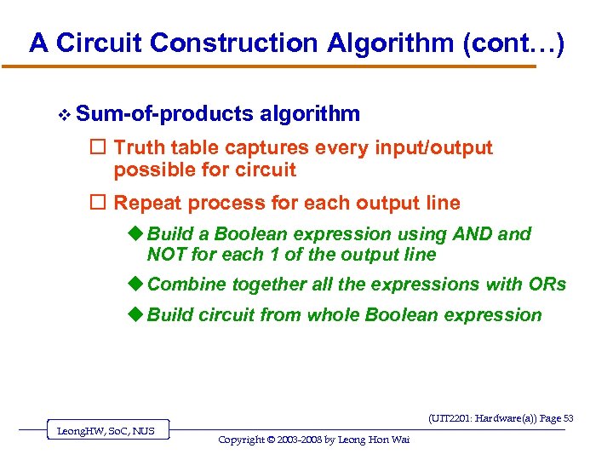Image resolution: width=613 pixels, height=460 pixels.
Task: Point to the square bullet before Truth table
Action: [101, 148]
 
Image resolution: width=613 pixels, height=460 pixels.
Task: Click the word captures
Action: [268, 148]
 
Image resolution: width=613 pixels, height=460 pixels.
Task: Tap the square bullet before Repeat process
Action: [101, 204]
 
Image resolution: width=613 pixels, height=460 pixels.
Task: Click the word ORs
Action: [545, 285]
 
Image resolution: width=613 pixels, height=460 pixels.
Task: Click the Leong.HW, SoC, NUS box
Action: [106, 431]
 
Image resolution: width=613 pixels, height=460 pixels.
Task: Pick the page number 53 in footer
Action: [568, 418]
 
